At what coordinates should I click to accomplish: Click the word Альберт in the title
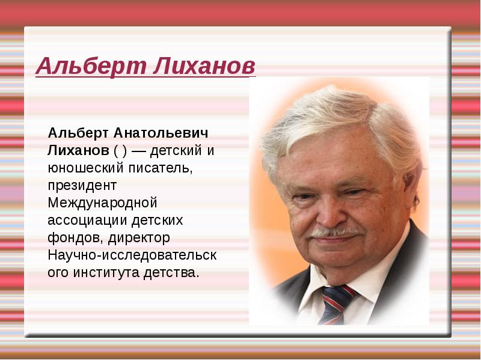[91, 66]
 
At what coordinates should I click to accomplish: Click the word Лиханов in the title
[204, 66]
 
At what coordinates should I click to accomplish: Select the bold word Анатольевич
[161, 133]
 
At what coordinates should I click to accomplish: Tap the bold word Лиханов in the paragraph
[78, 151]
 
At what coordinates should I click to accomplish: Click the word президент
[82, 186]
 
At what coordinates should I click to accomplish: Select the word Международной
[102, 203]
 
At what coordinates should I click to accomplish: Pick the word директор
[139, 238]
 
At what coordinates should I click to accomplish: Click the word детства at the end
[171, 273]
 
